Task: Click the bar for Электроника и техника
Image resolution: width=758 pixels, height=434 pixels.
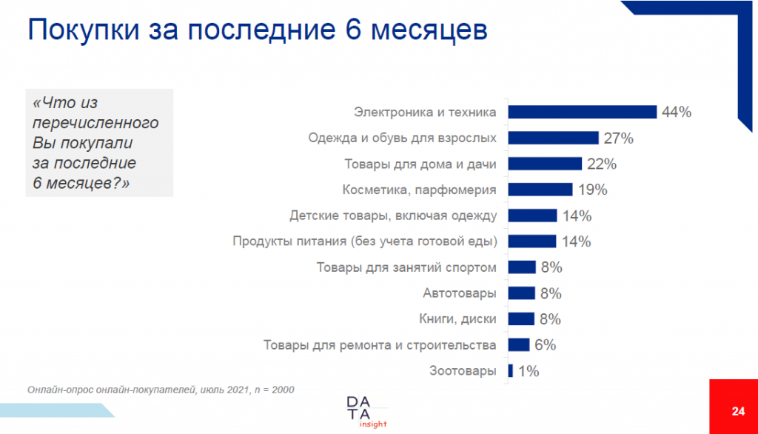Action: click(x=581, y=112)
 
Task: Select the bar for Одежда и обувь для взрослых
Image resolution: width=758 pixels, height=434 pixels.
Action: click(x=552, y=138)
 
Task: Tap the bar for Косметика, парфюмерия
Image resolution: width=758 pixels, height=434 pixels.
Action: click(x=540, y=190)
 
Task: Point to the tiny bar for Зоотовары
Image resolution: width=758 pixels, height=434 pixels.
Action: click(x=510, y=371)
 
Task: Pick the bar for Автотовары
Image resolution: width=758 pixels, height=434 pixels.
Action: click(x=521, y=293)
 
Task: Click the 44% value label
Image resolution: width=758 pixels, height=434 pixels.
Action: click(x=677, y=112)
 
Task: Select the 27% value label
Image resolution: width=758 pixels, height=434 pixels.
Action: click(x=617, y=138)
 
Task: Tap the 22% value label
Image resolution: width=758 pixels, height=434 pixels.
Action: click(x=601, y=164)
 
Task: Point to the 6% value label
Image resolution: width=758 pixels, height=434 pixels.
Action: click(x=545, y=345)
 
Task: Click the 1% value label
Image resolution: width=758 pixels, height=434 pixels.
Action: click(x=529, y=371)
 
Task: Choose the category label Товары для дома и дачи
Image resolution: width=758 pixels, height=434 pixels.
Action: click(x=420, y=164)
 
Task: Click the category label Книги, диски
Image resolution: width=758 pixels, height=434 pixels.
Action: click(x=457, y=319)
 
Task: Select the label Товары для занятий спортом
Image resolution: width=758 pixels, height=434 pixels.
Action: click(x=406, y=267)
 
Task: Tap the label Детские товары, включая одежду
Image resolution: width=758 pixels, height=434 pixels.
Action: click(x=392, y=216)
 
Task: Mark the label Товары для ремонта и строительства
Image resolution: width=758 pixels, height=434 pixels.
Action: click(x=380, y=345)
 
